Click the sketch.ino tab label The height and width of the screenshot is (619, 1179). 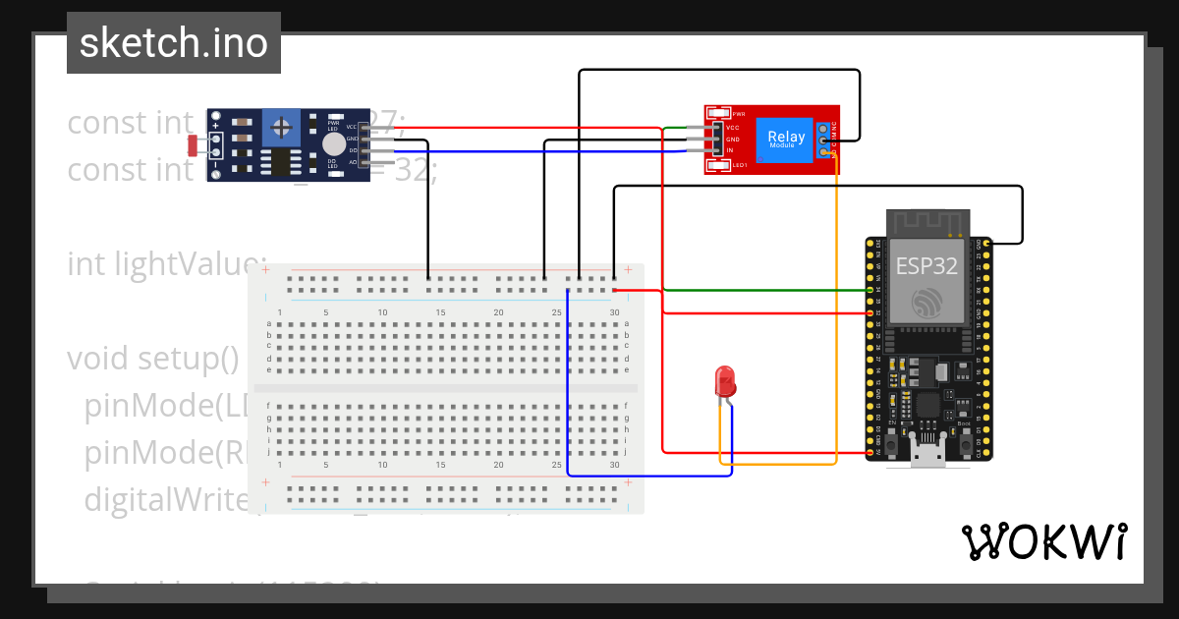pyautogui.click(x=173, y=43)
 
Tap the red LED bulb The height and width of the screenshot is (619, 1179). pyautogui.click(x=725, y=381)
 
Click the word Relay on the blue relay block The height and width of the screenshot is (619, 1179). pyautogui.click(x=786, y=137)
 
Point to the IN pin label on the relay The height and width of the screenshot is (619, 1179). pyautogui.click(x=730, y=150)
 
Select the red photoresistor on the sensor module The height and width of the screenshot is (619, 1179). pyautogui.click(x=195, y=145)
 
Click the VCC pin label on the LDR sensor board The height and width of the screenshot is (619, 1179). pyautogui.click(x=352, y=128)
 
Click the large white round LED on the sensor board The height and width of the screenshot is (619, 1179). pyautogui.click(x=335, y=144)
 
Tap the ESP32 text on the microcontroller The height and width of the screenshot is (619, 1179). pyautogui.click(x=926, y=265)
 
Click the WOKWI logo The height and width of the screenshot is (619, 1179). pyautogui.click(x=1043, y=542)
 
